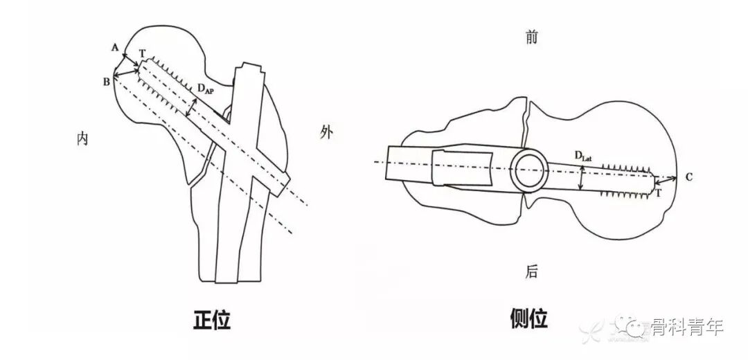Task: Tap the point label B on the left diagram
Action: pos(107,82)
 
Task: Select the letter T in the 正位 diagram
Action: pos(142,53)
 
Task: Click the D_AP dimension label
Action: pos(206,89)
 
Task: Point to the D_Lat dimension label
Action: pos(583,156)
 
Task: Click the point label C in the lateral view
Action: pos(689,177)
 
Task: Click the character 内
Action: pos(82,139)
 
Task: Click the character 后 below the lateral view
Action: pos(531,272)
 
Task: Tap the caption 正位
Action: pos(211,320)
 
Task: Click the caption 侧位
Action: pos(528,319)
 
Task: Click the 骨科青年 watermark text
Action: pos(686,327)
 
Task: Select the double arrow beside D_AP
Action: pos(192,108)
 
